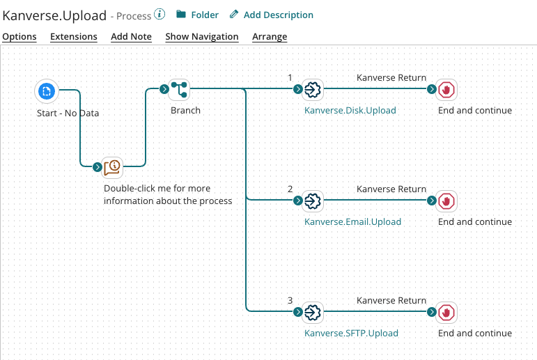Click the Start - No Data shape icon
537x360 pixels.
pos(47,91)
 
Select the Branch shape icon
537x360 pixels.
pos(180,89)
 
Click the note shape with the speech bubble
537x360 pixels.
pos(113,166)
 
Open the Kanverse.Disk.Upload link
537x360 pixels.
pos(350,110)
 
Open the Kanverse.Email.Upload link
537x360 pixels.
pos(352,221)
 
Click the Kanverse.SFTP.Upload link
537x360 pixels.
pos(351,333)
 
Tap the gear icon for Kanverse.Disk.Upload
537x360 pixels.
pos(313,89)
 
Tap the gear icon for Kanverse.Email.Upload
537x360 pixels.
pos(313,201)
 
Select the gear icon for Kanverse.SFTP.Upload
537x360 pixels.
pos(313,312)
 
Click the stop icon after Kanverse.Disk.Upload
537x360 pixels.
pos(446,89)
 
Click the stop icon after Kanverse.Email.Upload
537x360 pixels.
pos(446,201)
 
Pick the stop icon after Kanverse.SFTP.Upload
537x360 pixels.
pos(446,312)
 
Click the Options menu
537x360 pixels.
pos(20,36)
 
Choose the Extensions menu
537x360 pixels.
pos(74,36)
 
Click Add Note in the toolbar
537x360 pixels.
pos(131,36)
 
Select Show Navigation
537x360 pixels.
pos(202,36)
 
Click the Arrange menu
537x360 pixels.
pos(270,36)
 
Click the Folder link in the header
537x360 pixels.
pos(198,15)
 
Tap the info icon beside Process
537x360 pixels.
pos(160,14)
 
